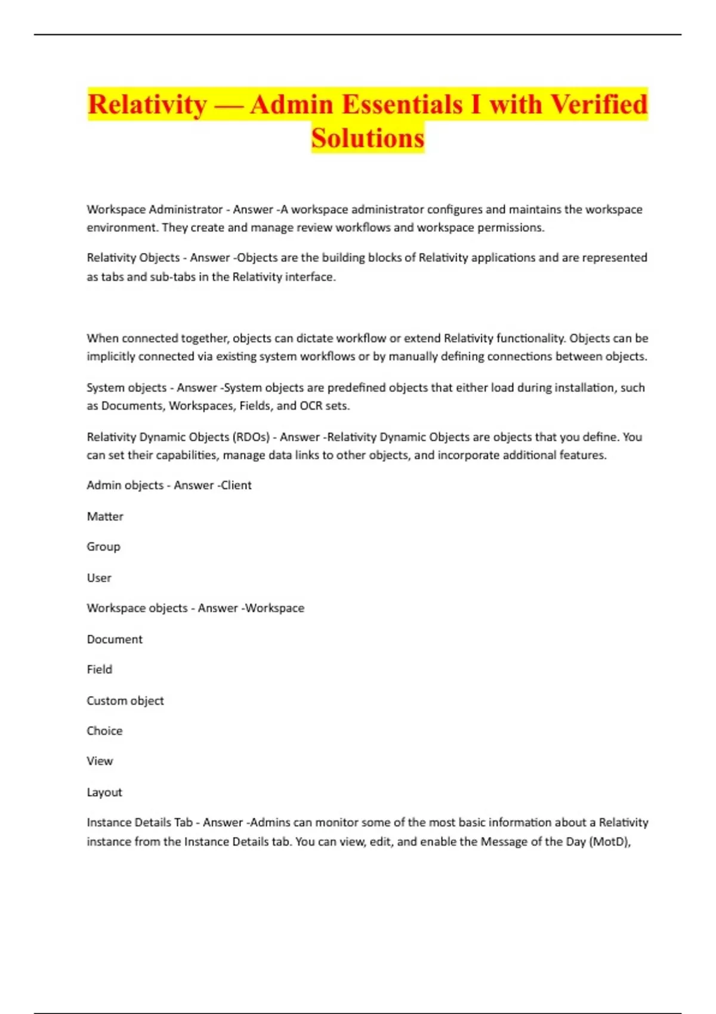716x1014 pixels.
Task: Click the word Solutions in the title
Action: pyautogui.click(x=368, y=138)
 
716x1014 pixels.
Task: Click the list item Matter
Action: pyautogui.click(x=105, y=517)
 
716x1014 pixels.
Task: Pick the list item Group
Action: pyautogui.click(x=103, y=546)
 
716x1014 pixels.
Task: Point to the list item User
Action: pyautogui.click(x=99, y=578)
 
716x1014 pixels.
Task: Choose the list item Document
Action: pyautogui.click(x=115, y=639)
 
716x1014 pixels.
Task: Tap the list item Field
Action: pyautogui.click(x=99, y=669)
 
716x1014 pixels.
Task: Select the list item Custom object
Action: pyautogui.click(x=125, y=701)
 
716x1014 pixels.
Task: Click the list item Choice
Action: pyautogui.click(x=104, y=731)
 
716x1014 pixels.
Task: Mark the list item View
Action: pyautogui.click(x=100, y=761)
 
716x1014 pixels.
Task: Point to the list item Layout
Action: pyautogui.click(x=104, y=793)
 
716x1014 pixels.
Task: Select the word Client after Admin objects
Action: pyautogui.click(x=236, y=486)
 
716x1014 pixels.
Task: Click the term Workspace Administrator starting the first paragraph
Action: pyautogui.click(x=155, y=209)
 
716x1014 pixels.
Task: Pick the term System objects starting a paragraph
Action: pyautogui.click(x=126, y=388)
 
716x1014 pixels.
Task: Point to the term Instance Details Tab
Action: pyautogui.click(x=140, y=823)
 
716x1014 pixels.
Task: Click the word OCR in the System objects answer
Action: pyautogui.click(x=310, y=406)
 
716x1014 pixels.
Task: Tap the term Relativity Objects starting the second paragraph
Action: pyautogui.click(x=133, y=258)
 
